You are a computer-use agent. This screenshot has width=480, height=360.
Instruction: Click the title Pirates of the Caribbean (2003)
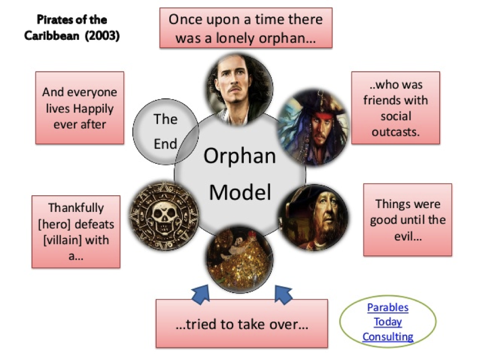(x=72, y=28)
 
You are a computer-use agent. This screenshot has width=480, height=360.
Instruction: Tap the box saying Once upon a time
(x=246, y=28)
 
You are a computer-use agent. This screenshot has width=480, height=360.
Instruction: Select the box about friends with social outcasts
(x=395, y=108)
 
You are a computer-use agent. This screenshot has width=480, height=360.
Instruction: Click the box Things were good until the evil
(x=408, y=220)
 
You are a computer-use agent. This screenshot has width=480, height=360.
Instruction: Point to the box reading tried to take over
(x=242, y=324)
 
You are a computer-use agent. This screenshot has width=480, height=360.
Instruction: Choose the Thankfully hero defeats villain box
(x=76, y=232)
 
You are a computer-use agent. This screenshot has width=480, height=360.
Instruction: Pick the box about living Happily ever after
(x=80, y=108)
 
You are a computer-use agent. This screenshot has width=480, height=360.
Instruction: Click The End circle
(x=165, y=131)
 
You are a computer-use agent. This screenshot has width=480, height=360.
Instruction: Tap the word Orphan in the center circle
(x=240, y=156)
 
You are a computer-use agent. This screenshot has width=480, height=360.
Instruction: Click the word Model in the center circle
(x=240, y=192)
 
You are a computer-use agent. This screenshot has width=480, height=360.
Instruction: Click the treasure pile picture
(x=240, y=259)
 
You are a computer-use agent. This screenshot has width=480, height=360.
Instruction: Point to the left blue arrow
(x=201, y=295)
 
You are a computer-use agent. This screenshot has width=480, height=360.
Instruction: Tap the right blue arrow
(x=283, y=295)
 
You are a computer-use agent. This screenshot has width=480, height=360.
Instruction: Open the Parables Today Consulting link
(x=388, y=322)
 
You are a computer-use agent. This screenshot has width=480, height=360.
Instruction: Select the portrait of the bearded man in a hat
(x=313, y=217)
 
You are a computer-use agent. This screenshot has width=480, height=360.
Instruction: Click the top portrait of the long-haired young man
(x=240, y=90)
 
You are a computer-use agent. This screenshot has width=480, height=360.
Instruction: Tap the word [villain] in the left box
(x=60, y=240)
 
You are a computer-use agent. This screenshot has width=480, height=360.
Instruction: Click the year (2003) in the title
(x=102, y=36)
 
